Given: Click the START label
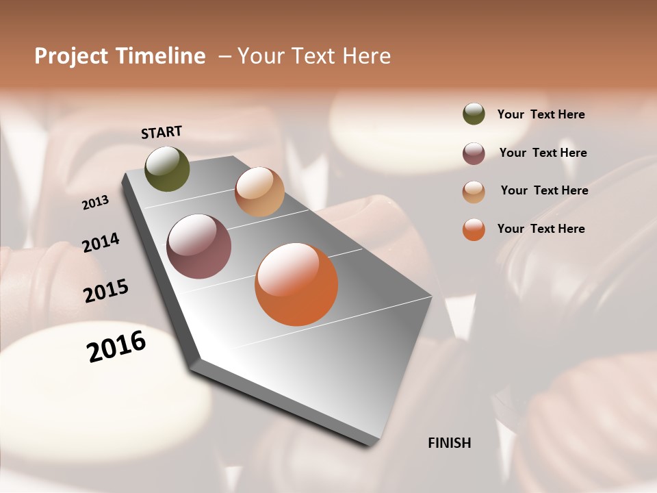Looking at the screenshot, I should click(x=162, y=132).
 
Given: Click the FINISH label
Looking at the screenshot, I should click(x=450, y=443).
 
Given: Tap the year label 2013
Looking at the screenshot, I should click(x=96, y=203).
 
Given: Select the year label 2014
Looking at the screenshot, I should click(x=101, y=242).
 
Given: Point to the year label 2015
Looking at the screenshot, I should click(x=106, y=291).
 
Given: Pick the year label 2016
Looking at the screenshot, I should click(x=116, y=346).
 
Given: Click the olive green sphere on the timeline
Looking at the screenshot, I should click(x=168, y=169).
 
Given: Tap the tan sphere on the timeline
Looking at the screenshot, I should click(x=259, y=192).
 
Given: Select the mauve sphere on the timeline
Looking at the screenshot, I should click(x=199, y=246).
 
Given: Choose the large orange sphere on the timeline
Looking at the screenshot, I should click(x=296, y=284).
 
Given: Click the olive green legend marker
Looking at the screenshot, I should click(x=474, y=114).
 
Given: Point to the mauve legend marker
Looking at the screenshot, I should click(x=474, y=153).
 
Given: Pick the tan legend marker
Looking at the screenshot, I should click(x=474, y=192).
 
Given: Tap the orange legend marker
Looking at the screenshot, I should click(x=474, y=229).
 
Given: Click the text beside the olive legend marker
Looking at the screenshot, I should click(x=541, y=114).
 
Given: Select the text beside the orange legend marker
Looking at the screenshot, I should click(x=541, y=229).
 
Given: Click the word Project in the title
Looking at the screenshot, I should click(x=72, y=56).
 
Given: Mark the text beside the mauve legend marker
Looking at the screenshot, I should click(x=543, y=153).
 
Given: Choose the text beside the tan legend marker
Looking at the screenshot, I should click(x=544, y=190).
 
